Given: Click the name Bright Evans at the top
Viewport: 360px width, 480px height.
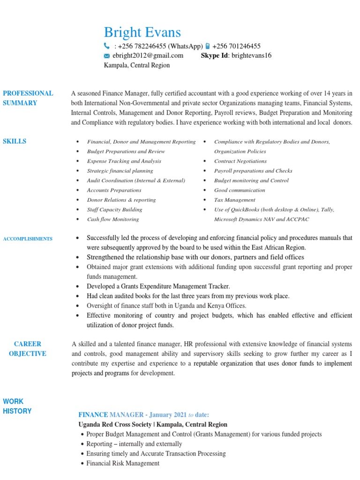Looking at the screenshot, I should [142, 32].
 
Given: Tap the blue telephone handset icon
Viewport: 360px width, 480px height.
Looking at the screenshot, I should [106, 46].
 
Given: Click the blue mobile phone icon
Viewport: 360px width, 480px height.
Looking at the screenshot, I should [208, 46].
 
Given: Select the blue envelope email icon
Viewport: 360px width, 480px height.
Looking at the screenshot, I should [106, 56].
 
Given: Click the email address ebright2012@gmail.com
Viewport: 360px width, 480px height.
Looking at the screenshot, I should [148, 56].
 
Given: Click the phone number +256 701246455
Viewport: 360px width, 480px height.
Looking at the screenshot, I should [236, 46].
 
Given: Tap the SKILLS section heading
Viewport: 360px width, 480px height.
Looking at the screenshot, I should [15, 142].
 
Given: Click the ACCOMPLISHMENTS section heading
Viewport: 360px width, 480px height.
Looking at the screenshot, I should [28, 239].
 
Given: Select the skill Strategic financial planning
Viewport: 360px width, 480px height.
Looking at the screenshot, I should [120, 171].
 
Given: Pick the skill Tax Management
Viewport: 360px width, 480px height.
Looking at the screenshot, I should [235, 200].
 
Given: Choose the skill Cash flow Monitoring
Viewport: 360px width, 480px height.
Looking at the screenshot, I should [112, 219].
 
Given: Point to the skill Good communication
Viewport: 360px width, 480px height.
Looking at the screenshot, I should [240, 190].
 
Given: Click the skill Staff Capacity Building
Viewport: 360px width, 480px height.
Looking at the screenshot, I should [114, 210].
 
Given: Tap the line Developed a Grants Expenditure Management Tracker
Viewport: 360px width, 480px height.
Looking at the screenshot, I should [158, 286].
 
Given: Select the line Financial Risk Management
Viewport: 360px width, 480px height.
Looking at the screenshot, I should [123, 463].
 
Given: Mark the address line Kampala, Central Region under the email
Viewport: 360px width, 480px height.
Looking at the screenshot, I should [136, 66].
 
